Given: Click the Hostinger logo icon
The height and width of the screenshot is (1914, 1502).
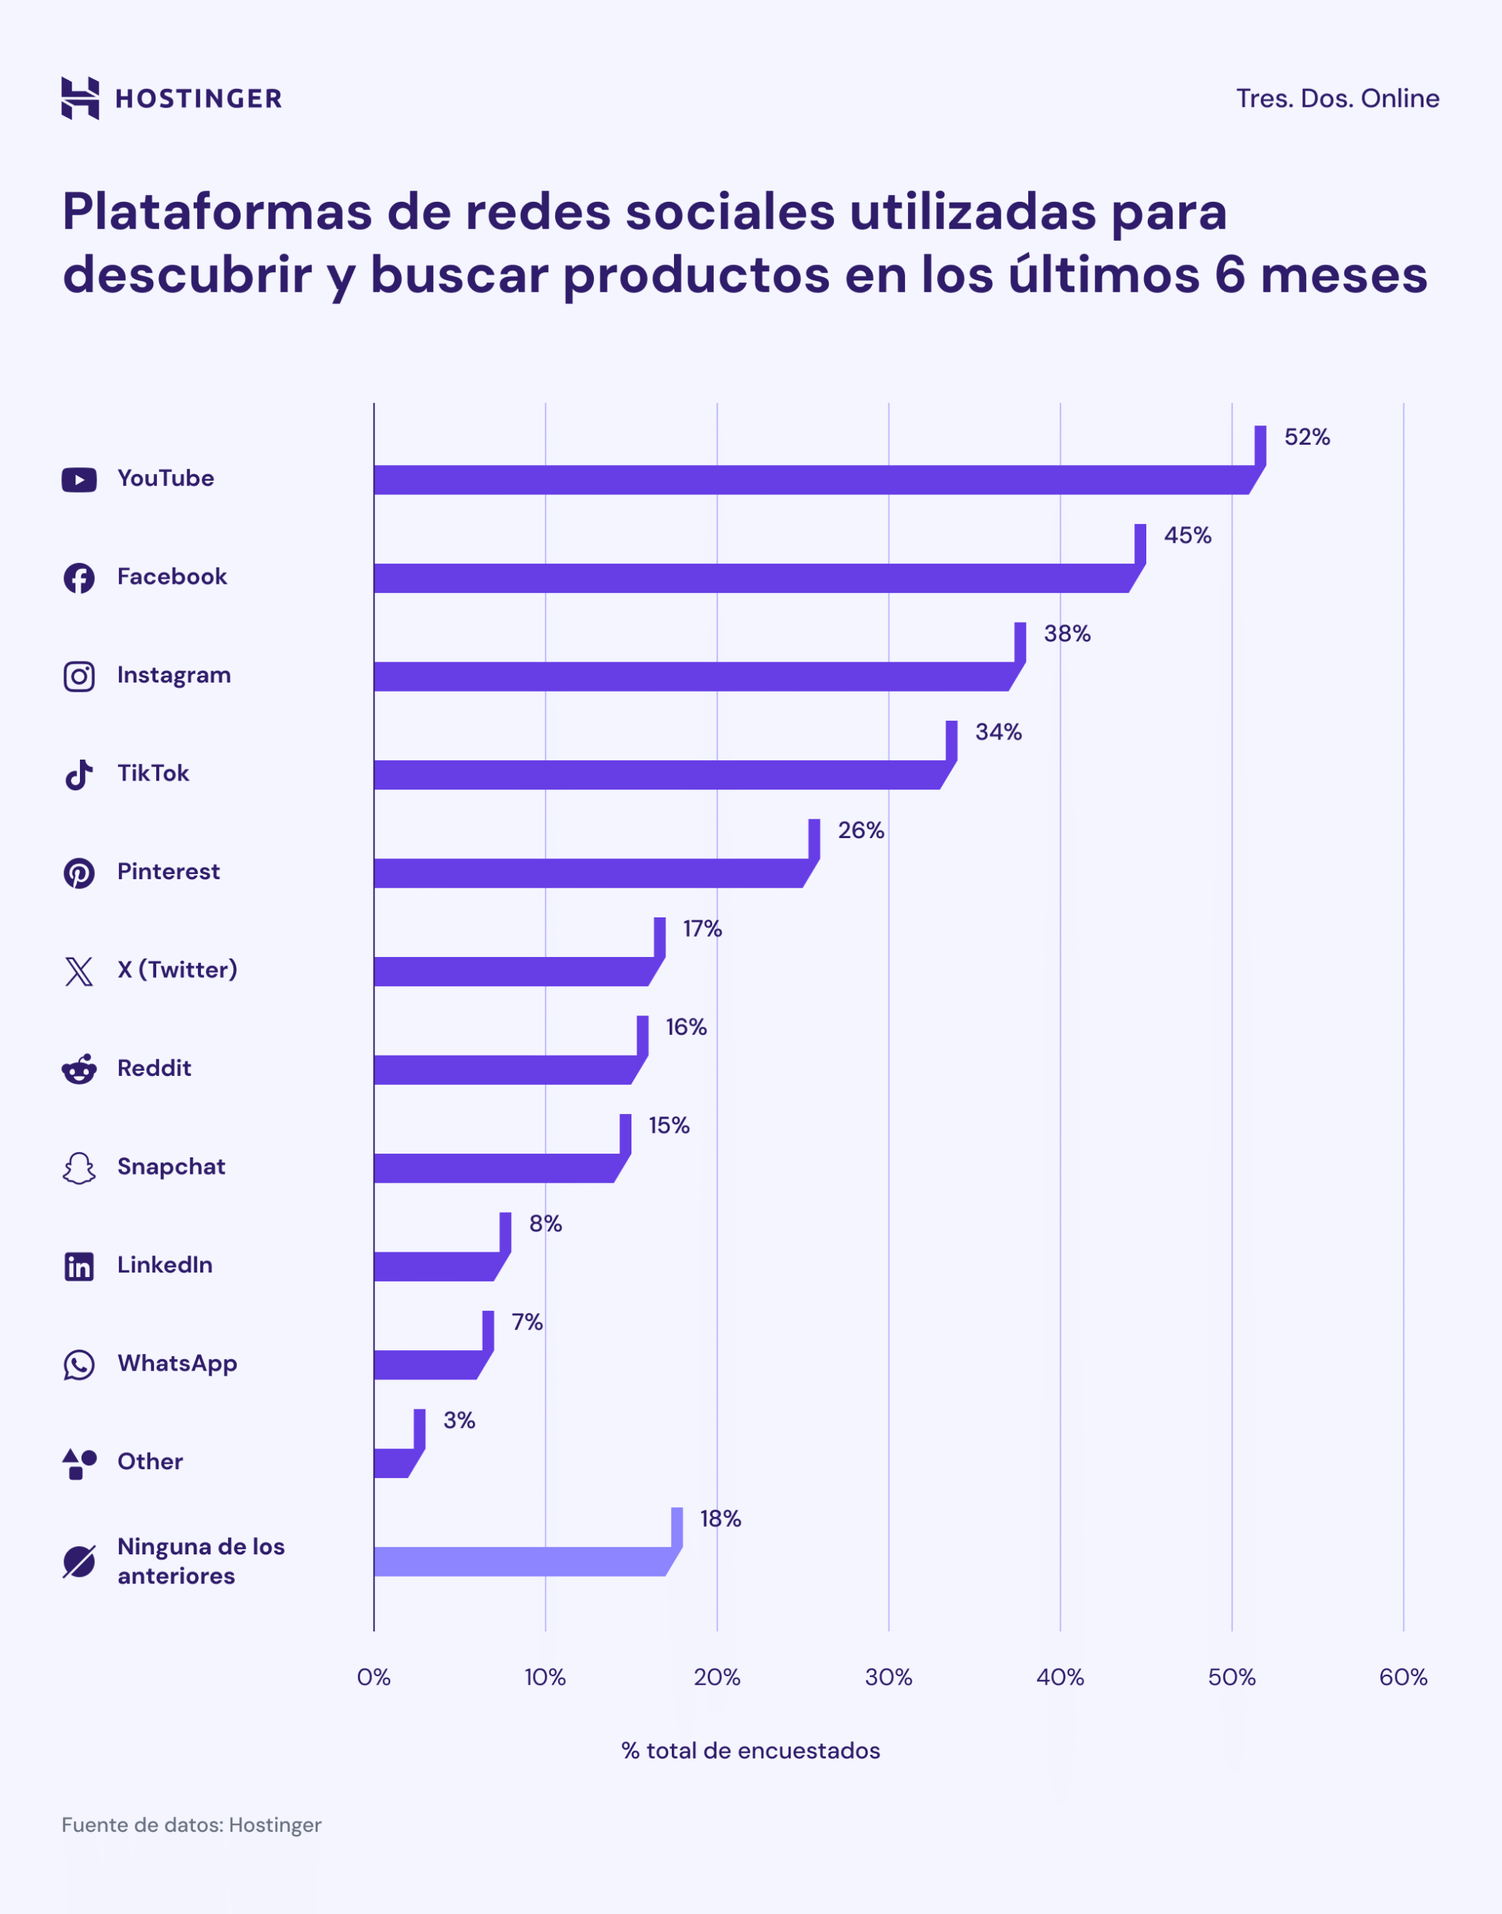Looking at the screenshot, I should pyautogui.click(x=80, y=98).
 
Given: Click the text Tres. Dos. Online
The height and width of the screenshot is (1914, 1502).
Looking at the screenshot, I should pyautogui.click(x=1337, y=99).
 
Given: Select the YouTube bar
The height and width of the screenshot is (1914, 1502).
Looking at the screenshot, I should pyautogui.click(x=809, y=480).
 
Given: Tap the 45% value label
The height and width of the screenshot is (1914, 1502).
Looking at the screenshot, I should pyautogui.click(x=1187, y=535).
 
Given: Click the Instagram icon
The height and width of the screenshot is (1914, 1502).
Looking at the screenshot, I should pyautogui.click(x=79, y=677).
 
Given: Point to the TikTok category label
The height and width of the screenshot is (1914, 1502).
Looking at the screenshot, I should pyautogui.click(x=153, y=773).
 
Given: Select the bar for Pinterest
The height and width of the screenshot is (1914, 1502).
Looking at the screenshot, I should pyautogui.click(x=589, y=873).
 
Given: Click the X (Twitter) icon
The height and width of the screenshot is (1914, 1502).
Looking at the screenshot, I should pyautogui.click(x=79, y=971).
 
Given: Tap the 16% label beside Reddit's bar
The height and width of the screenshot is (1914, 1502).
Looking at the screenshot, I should pyautogui.click(x=686, y=1027).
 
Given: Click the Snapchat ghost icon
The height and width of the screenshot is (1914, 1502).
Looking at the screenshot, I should pyautogui.click(x=79, y=1168).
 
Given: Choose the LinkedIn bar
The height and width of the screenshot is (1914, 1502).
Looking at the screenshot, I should pyautogui.click(x=436, y=1267).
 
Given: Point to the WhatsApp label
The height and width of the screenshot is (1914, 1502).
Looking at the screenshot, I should pyautogui.click(x=178, y=1364).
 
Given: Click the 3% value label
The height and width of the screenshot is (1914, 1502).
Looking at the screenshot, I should pyautogui.click(x=459, y=1421).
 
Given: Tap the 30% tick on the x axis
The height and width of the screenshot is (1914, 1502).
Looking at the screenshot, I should pyautogui.click(x=888, y=1678).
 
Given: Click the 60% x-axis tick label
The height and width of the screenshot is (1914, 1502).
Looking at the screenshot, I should pyautogui.click(x=1403, y=1678).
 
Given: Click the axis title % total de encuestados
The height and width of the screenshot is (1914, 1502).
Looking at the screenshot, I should pyautogui.click(x=750, y=1750).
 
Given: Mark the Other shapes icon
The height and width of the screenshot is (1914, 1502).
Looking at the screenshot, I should pyautogui.click(x=79, y=1464).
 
